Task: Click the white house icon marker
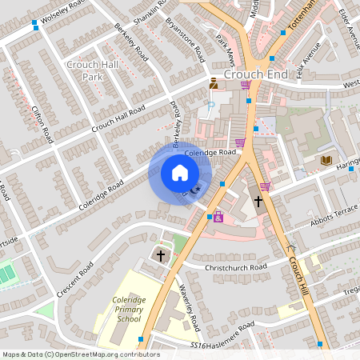[180, 172]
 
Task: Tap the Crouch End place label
[255, 74]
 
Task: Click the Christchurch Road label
[235, 267]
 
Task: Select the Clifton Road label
[43, 120]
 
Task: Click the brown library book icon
[326, 161]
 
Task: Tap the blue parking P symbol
[210, 105]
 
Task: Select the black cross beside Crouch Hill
[258, 201]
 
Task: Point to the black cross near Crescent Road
[161, 256]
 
